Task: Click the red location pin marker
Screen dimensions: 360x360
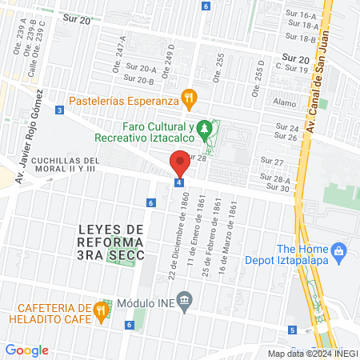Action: pos(180,162)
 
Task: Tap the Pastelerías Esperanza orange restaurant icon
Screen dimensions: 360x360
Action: pos(189,100)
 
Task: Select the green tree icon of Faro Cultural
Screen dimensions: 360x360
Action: pos(206,128)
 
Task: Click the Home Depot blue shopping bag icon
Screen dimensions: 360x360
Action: pos(339,251)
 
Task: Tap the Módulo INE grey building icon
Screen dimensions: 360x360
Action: pos(185,302)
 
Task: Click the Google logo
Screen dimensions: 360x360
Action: pos(27,350)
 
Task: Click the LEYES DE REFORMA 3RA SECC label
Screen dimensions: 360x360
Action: pos(112,242)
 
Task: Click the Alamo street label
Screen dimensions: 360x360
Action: pos(284,102)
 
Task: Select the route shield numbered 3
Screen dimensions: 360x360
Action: pos(60,110)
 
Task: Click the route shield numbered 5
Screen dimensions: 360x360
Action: pos(292,330)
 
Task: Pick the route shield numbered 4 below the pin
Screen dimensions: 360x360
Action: pos(179,182)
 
